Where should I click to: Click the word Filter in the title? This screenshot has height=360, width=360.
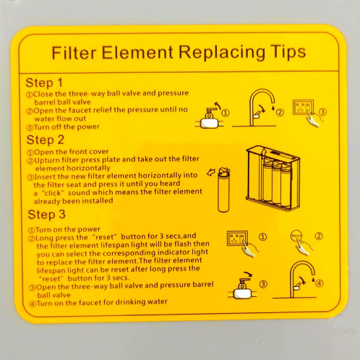point(74,53)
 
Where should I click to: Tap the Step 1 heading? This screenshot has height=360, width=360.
point(44,82)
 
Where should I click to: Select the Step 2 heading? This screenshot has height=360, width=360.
point(46,140)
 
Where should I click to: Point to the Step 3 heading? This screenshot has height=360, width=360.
point(46,214)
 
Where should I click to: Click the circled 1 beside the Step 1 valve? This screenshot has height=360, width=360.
point(226,113)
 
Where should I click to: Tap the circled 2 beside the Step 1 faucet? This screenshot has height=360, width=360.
point(280,112)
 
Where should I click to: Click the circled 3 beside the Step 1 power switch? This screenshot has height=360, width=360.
point(322,112)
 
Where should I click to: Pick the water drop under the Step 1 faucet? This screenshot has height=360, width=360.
point(273,107)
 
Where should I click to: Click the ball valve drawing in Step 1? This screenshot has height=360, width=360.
point(209,116)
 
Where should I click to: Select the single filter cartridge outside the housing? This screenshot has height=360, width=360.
point(224,190)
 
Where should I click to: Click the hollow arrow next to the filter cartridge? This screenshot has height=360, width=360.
point(212,172)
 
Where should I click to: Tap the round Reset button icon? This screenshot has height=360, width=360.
point(296,236)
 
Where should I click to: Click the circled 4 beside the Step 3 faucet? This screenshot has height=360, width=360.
point(320,283)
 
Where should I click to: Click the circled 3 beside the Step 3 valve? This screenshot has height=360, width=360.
point(263,284)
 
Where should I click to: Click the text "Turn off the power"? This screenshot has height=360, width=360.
point(67,127)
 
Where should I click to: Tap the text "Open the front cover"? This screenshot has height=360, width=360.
point(72,152)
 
